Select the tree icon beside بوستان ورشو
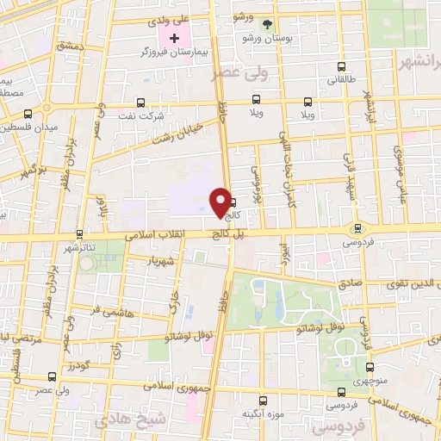pyautogui.click(x=265, y=23)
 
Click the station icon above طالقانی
pyautogui.click(x=342, y=65)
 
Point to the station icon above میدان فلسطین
pyautogui.click(x=29, y=113)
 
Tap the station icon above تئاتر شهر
pyautogui.click(x=79, y=233)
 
